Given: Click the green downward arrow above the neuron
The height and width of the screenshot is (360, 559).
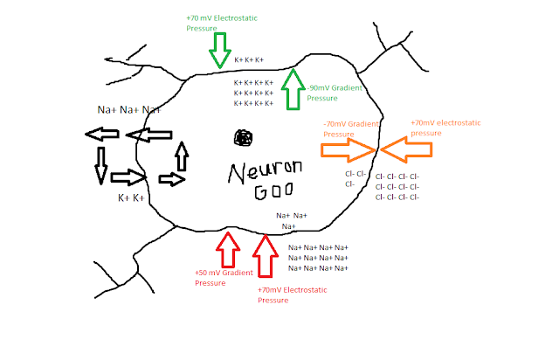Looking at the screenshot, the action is [220, 50].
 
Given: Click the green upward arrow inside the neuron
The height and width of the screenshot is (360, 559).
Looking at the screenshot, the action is [293, 89].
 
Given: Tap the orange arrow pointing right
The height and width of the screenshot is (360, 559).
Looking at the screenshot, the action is [348, 150].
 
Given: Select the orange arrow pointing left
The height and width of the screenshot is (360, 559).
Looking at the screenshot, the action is [406, 149].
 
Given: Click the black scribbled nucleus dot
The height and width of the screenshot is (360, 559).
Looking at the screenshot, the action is [244, 138].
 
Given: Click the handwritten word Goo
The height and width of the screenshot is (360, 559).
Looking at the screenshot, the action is [273, 191].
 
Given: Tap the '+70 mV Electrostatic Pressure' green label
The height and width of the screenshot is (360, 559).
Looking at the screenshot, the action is [221, 24].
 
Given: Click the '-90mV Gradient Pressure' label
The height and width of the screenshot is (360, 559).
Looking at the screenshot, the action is [335, 93].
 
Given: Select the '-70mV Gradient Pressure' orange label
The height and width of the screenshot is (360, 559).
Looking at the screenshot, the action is [351, 128].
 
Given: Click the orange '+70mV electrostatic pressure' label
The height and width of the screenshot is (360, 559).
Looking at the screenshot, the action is [445, 128].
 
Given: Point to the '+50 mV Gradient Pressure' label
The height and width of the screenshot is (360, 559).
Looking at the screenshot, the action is [224, 278].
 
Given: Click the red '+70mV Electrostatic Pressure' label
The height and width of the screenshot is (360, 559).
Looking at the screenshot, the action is [292, 294].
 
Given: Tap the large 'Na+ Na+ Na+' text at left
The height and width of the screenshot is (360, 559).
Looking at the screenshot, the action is [129, 109].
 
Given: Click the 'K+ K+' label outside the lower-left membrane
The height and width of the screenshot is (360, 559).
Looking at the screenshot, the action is [131, 198].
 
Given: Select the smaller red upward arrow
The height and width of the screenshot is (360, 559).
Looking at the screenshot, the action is [228, 249].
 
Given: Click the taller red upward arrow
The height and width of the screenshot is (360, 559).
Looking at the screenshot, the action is [266, 256].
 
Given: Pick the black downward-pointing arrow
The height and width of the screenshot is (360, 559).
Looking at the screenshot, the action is [101, 165].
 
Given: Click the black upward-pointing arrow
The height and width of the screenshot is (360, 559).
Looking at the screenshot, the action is [182, 156].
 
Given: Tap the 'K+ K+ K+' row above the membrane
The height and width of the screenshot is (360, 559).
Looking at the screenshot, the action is [249, 60].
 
